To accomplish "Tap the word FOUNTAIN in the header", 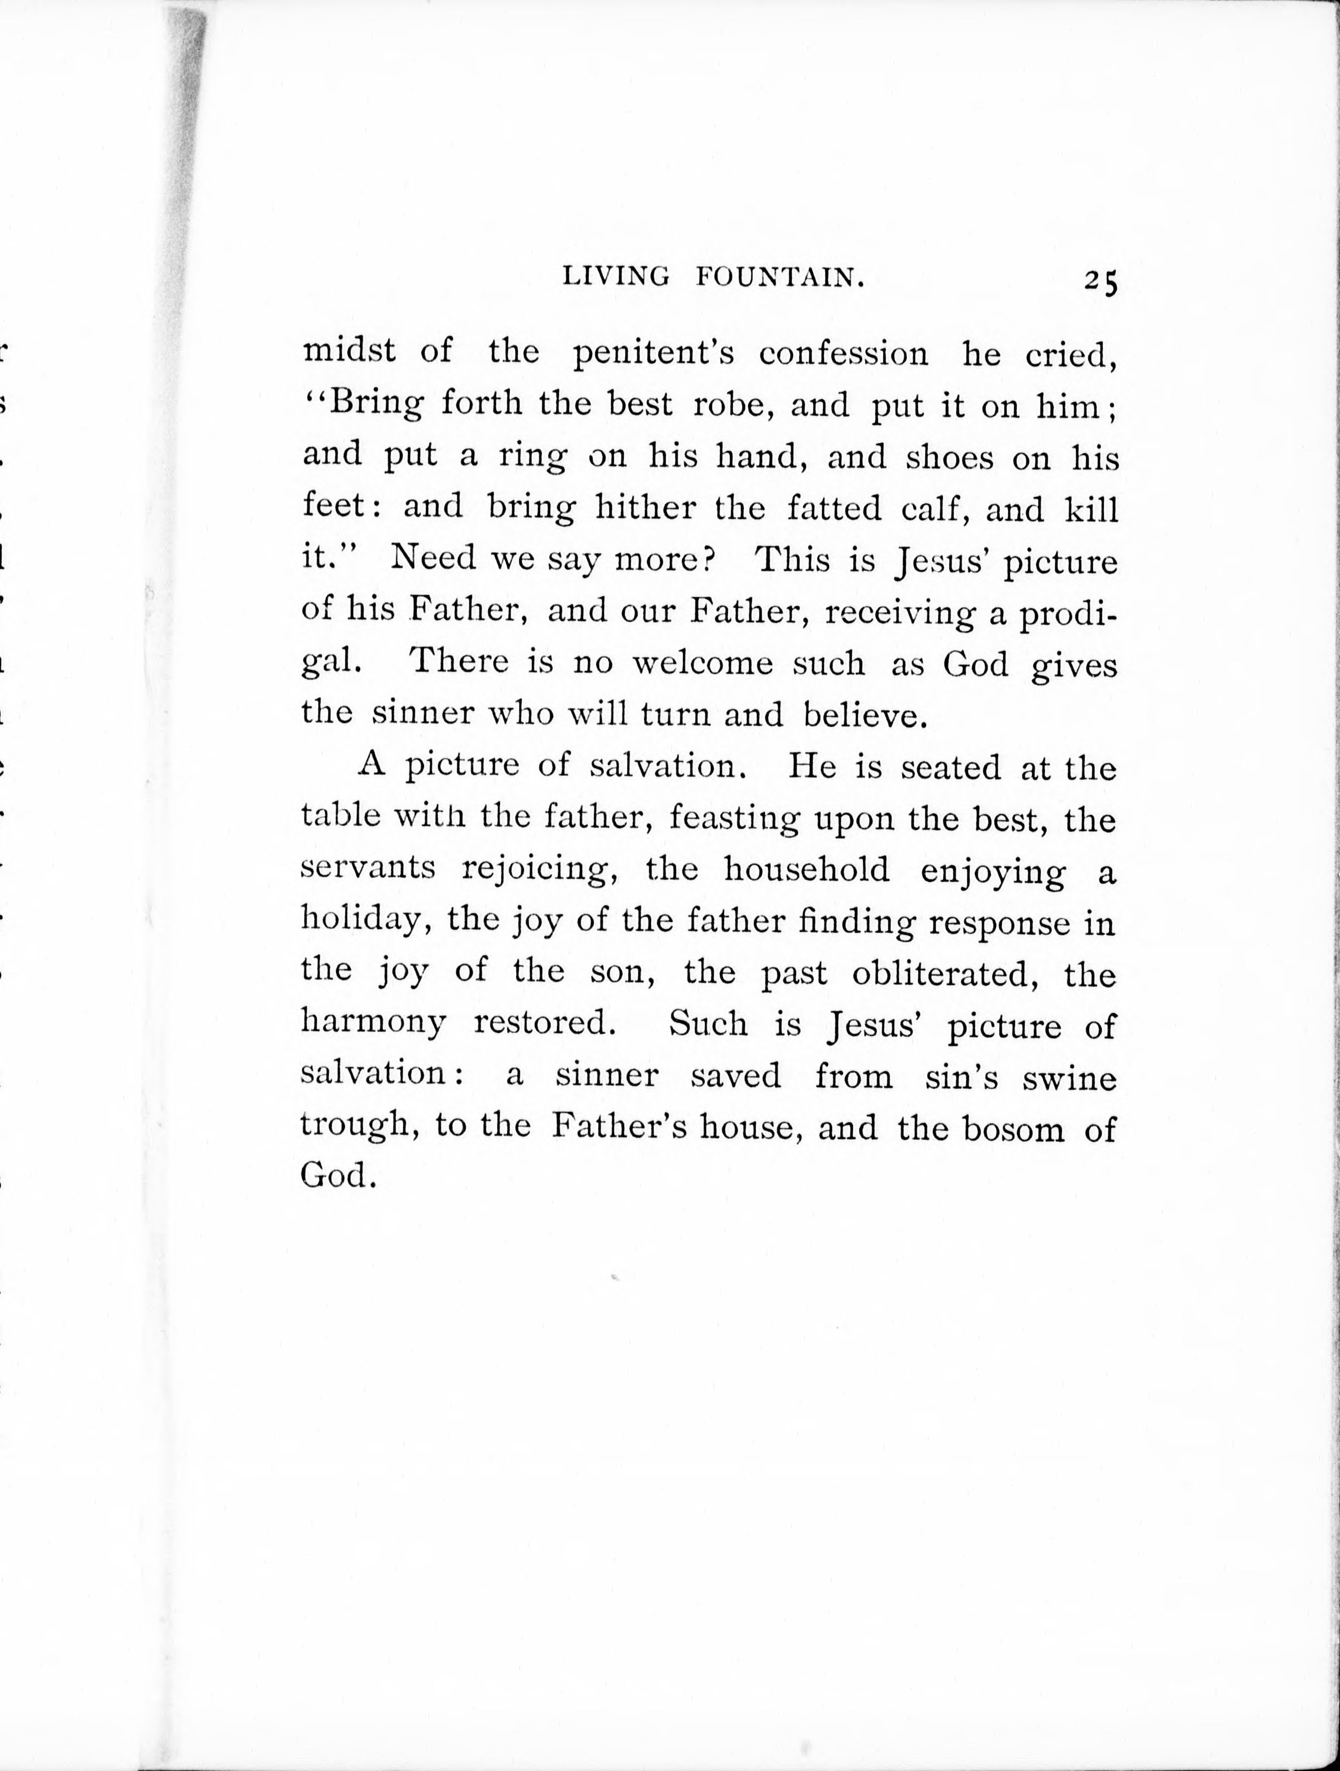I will coord(780,278).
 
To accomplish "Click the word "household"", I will coord(806,870).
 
